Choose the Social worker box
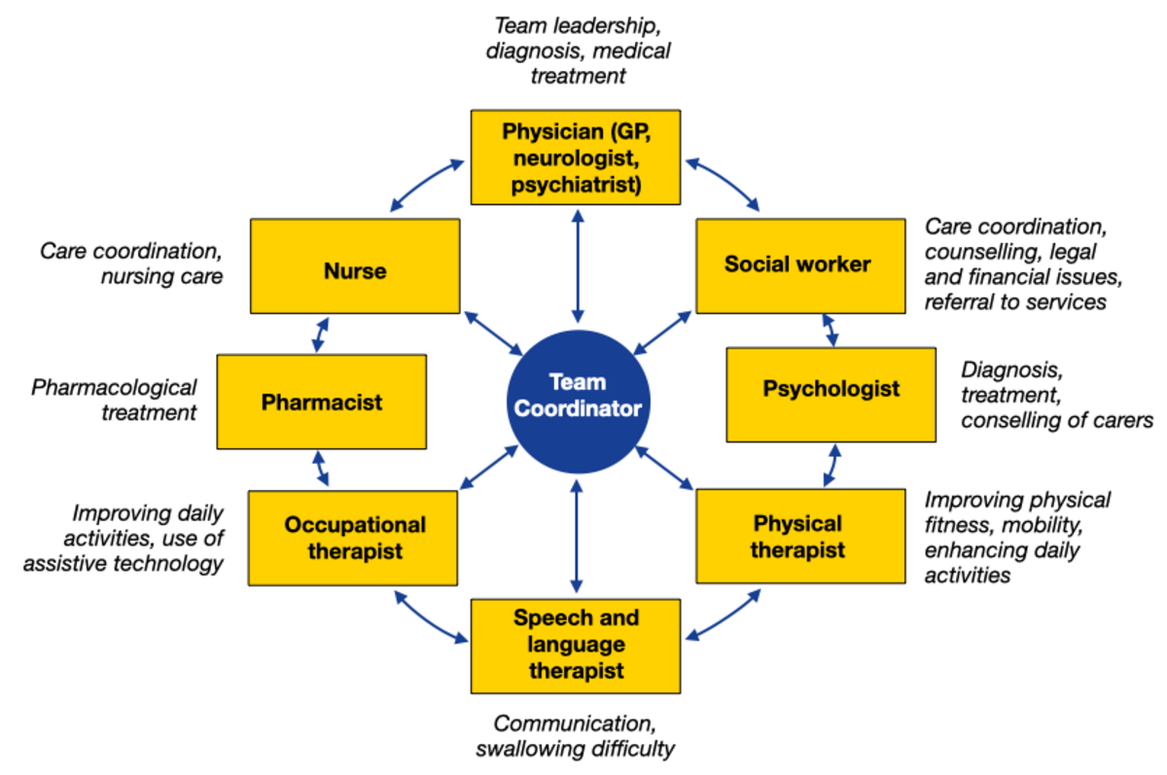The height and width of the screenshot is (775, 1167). click(x=797, y=264)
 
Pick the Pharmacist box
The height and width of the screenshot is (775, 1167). click(x=321, y=402)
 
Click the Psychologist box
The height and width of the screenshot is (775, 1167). click(x=831, y=390)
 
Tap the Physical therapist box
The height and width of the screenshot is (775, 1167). click(x=798, y=537)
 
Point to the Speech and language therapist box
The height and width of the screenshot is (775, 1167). click(x=576, y=645)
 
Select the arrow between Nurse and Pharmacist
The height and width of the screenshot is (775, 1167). click(x=317, y=334)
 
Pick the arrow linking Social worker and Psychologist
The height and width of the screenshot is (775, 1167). click(x=831, y=330)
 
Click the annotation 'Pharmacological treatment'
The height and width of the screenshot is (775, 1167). click(x=115, y=400)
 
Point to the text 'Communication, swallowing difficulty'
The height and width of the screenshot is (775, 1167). click(x=575, y=736)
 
